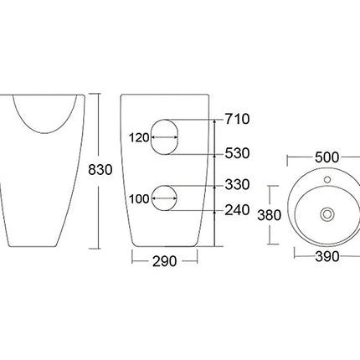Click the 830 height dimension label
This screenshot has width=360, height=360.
pos(100,170)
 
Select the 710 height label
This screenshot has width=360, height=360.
pos(238,119)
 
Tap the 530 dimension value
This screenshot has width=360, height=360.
pos(237,153)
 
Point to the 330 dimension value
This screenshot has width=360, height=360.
pos(237,185)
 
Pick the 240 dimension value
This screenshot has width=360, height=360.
pos(237,210)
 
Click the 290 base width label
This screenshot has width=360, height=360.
pos(165,261)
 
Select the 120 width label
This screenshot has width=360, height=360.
pos(139,137)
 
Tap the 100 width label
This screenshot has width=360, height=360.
pos(139,199)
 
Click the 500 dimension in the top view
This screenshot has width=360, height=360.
pos(327,157)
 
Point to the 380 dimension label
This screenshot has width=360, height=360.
pos(269,215)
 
